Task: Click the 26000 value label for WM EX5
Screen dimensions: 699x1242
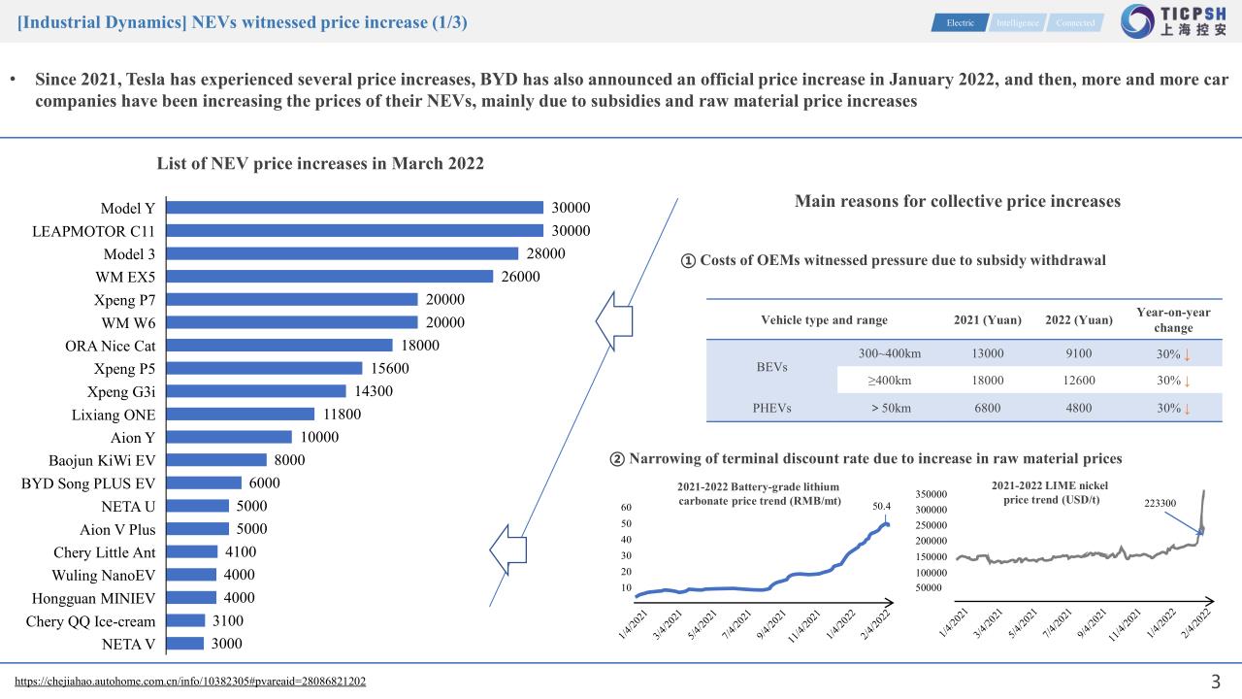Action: [520, 277]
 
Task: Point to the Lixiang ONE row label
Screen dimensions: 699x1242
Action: [114, 415]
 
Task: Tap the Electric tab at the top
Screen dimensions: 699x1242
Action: [961, 22]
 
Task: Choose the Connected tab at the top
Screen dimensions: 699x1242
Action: [1075, 22]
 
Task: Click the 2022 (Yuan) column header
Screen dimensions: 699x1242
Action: [1079, 320]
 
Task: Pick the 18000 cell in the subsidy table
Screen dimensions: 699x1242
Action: [988, 381]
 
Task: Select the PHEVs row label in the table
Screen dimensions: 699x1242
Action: [771, 408]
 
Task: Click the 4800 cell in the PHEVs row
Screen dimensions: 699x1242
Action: [1079, 408]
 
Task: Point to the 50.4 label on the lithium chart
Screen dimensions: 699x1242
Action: [881, 506]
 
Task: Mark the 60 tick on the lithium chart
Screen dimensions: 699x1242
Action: [627, 508]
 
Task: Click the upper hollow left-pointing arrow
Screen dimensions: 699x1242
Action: [614, 324]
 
